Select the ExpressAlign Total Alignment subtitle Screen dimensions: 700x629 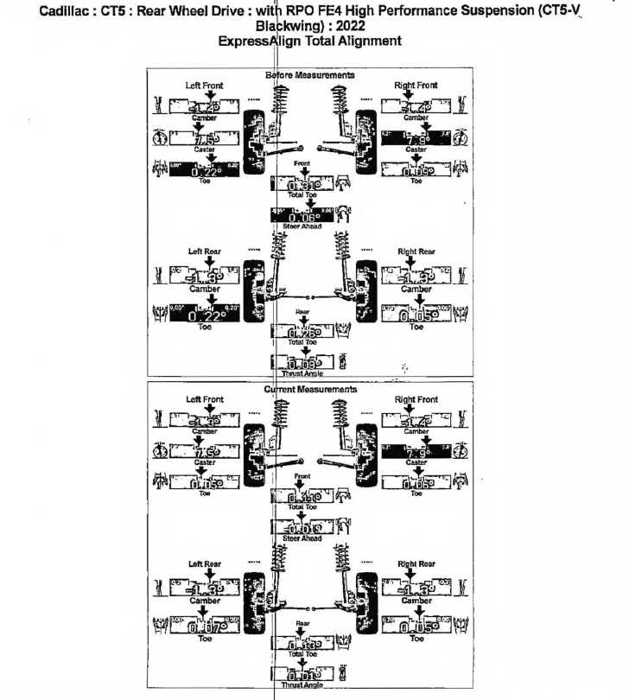[314, 41]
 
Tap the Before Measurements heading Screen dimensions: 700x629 [311, 75]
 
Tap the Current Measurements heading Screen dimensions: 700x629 [311, 390]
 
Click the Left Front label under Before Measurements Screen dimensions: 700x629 [205, 86]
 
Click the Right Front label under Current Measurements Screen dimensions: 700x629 [416, 399]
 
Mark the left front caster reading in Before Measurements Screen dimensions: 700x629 [204, 140]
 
